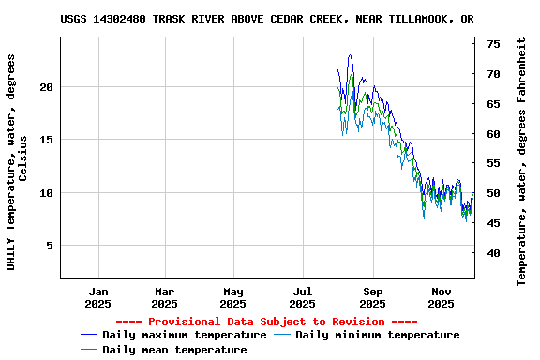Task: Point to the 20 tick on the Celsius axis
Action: click(x=47, y=87)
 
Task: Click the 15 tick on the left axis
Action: click(x=47, y=140)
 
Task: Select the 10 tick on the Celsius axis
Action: click(x=47, y=193)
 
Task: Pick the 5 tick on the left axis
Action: click(x=51, y=246)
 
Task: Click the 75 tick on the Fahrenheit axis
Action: click(x=493, y=44)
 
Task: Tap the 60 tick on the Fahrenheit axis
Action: click(x=493, y=134)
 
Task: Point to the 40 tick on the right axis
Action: click(x=493, y=253)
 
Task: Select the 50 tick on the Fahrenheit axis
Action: click(x=493, y=193)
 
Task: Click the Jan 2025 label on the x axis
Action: click(x=97, y=297)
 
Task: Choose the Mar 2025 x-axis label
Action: click(x=164, y=297)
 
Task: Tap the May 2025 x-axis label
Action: click(x=233, y=297)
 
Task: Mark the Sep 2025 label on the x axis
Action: click(x=372, y=297)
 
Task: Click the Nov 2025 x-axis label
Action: click(x=441, y=297)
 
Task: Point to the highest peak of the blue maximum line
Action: click(x=350, y=55)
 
